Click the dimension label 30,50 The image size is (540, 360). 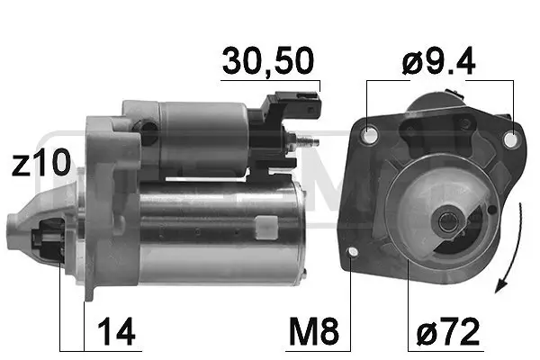(x=269, y=62)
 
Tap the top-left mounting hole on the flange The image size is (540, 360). (x=368, y=136)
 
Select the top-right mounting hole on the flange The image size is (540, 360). (x=511, y=140)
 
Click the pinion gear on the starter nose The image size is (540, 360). (x=46, y=241)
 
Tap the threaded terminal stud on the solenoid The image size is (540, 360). (x=309, y=141)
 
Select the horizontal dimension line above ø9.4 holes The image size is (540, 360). (x=441, y=80)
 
